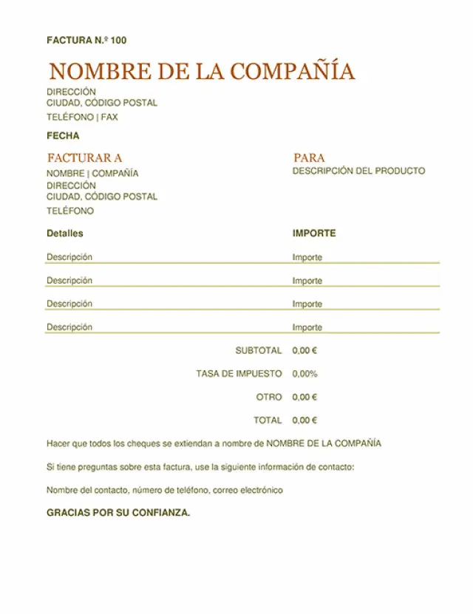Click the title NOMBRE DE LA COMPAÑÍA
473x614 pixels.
point(201,72)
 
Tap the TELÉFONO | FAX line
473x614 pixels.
point(82,117)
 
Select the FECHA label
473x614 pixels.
point(63,136)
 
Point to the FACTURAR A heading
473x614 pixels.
point(84,157)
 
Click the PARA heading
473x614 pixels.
point(309,157)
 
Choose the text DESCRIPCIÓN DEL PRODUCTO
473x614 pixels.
point(358,171)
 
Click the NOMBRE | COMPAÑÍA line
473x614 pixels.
point(92,174)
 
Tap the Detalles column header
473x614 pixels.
point(65,233)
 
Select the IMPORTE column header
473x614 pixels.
point(314,233)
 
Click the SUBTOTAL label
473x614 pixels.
point(259,350)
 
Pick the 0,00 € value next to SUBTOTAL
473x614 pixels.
point(304,350)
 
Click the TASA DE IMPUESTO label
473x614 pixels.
point(239,374)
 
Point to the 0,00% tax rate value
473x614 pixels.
point(304,374)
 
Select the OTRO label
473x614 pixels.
point(269,397)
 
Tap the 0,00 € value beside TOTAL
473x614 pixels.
point(304,420)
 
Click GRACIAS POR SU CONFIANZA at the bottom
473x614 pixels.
point(118,513)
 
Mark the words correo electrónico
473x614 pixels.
point(249,490)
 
